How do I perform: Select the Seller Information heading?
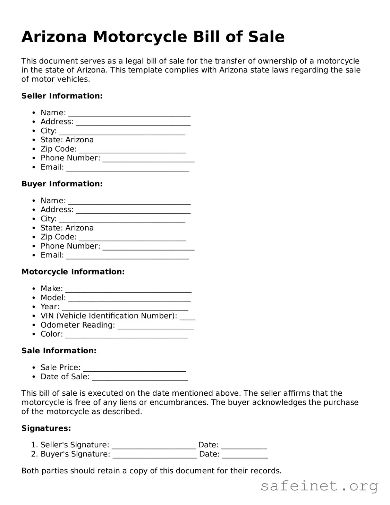coord(62,96)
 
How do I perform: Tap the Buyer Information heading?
coord(62,184)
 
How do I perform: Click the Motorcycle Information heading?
coord(73,272)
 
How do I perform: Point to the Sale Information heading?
coord(59,351)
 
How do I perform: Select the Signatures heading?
coord(46,428)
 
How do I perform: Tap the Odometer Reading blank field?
coord(155,326)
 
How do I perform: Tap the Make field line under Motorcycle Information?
coord(128,290)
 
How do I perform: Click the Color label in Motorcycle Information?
coord(52,334)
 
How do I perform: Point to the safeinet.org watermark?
coord(319,486)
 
